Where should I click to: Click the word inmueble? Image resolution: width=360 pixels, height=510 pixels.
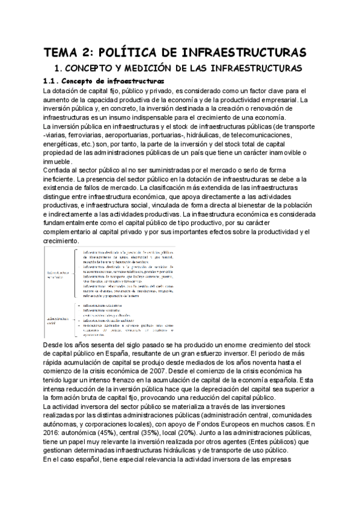[x=58, y=162]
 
